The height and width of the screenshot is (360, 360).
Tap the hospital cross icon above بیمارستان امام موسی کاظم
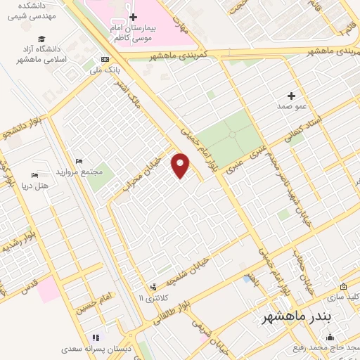[133, 15]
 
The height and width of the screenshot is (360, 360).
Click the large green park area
[227, 140]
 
